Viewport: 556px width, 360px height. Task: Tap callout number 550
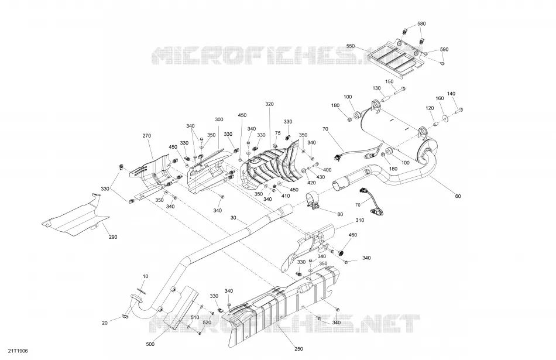[x=351, y=46]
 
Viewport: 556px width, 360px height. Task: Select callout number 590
[x=444, y=50]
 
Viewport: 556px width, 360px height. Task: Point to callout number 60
[x=458, y=196]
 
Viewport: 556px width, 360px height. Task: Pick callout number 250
[x=298, y=349]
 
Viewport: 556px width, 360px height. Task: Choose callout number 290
[x=113, y=237]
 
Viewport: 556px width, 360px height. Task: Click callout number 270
[x=147, y=136]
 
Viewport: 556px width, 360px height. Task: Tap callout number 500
[x=150, y=344]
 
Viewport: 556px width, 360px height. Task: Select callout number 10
[x=145, y=276]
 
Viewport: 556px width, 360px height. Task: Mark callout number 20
[x=105, y=323]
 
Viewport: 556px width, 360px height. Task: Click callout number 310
[x=359, y=220]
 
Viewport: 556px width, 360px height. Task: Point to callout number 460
[x=353, y=235]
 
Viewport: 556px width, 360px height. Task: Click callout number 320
[x=269, y=104]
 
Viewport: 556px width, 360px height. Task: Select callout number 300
[x=219, y=119]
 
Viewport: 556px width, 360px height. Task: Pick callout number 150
[x=389, y=81]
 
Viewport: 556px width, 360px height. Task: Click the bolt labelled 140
[x=458, y=111]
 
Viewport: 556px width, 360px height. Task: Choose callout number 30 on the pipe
[x=233, y=218]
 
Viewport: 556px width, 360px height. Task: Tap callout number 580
[x=421, y=24]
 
